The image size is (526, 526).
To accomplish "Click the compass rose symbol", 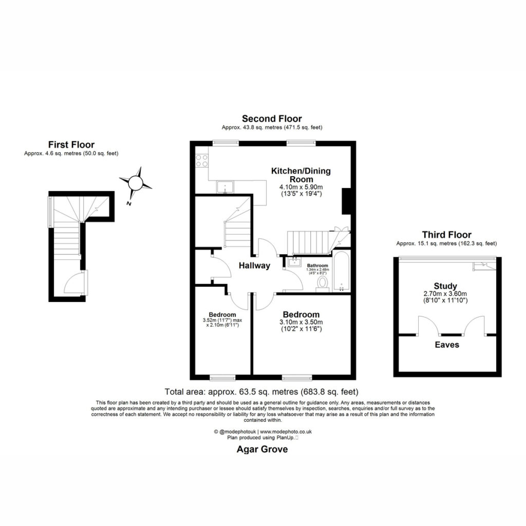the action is [135, 183].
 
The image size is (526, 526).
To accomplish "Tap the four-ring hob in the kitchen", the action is [201, 160].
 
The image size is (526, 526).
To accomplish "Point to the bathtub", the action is [342, 271].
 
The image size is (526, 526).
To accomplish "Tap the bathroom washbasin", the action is [294, 261].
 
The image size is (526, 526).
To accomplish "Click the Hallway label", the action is [254, 266].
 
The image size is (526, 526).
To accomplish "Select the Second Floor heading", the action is [272, 119].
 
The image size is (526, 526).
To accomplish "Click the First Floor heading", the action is [71, 144].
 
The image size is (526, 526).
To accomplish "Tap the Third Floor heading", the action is [446, 234].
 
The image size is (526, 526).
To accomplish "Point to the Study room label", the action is [445, 286].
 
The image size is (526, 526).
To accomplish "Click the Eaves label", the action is [447, 345].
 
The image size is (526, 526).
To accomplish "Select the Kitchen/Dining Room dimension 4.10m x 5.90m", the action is [301, 187].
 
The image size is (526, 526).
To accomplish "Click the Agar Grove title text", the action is [262, 449].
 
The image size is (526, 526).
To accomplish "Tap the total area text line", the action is [261, 391].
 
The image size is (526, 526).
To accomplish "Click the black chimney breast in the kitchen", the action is [346, 201].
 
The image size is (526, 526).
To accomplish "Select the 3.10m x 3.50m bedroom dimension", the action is [301, 322].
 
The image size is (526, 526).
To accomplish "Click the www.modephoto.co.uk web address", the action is [286, 431].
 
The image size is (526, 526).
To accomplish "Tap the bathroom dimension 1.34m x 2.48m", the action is [317, 269].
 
